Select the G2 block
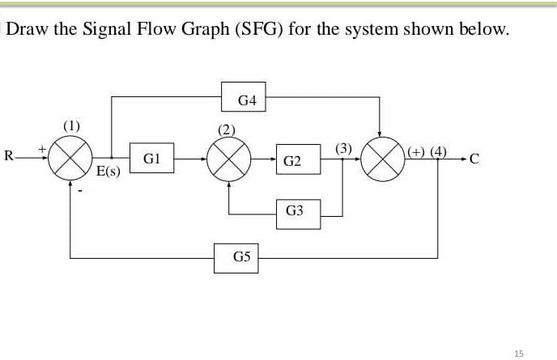[293, 162]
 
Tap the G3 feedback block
[294, 210]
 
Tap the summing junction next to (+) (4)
[382, 158]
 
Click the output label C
[474, 158]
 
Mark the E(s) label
[108, 172]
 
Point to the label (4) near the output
[438, 150]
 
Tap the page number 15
[519, 353]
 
